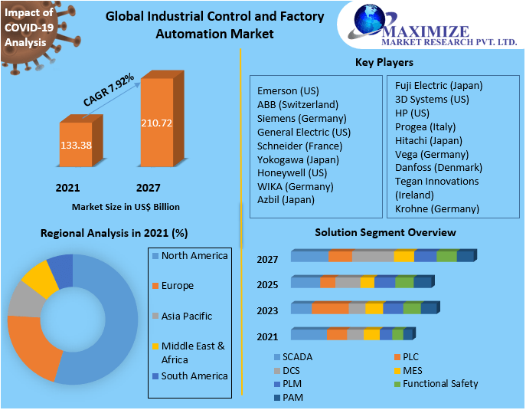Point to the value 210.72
click(x=156, y=123)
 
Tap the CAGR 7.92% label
click(x=109, y=90)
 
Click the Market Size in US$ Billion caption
click(x=126, y=207)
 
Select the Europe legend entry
click(x=177, y=286)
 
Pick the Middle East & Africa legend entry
click(x=192, y=353)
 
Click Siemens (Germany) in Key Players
click(x=302, y=118)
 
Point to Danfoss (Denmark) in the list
click(x=438, y=167)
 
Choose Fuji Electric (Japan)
click(x=439, y=85)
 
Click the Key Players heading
click(x=384, y=63)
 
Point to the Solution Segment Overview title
click(x=385, y=232)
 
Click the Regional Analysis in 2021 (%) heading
click(x=114, y=233)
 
